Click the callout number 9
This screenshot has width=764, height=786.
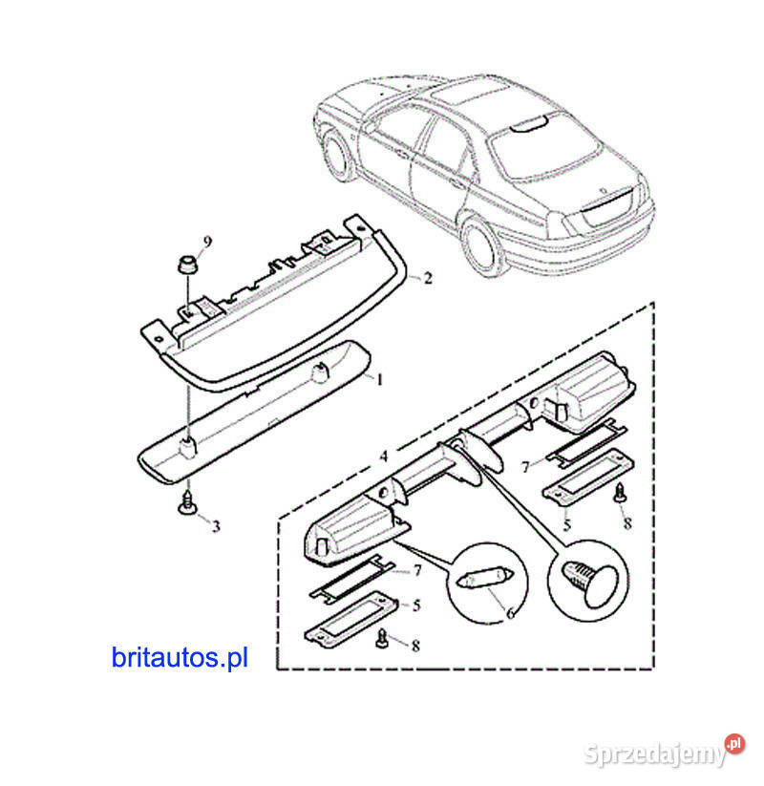tap(207, 242)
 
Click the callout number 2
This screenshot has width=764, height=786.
tap(428, 278)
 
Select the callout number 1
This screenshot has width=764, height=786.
tap(379, 380)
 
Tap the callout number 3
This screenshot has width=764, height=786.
tap(216, 526)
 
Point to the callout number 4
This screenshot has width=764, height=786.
tap(384, 457)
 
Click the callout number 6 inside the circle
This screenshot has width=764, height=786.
tap(510, 612)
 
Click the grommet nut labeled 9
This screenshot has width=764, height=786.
tap(187, 265)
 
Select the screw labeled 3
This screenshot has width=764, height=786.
tap(187, 503)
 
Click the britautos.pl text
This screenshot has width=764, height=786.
tap(180, 657)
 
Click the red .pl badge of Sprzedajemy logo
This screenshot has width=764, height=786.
tap(734, 743)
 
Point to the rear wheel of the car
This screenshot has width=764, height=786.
tap(482, 247)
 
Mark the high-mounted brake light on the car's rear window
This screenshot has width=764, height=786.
tap(528, 124)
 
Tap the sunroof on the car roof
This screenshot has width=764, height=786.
tap(470, 96)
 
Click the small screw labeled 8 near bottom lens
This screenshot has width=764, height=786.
tap(382, 638)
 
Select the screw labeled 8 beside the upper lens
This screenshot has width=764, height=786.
tap(620, 493)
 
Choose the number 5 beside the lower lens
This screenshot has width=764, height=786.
tap(416, 605)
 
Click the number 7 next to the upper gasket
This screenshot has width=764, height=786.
tap(525, 467)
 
